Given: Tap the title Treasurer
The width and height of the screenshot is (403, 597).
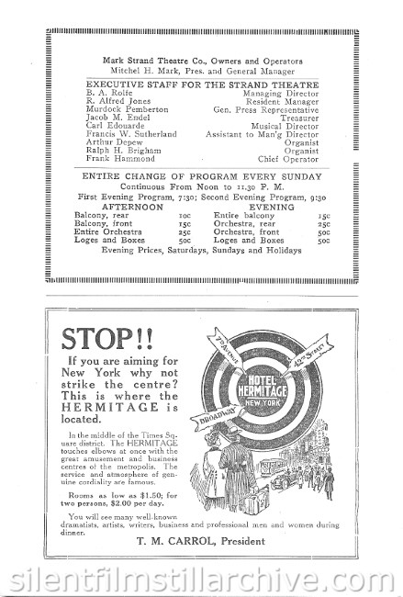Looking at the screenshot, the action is [x=299, y=117].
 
